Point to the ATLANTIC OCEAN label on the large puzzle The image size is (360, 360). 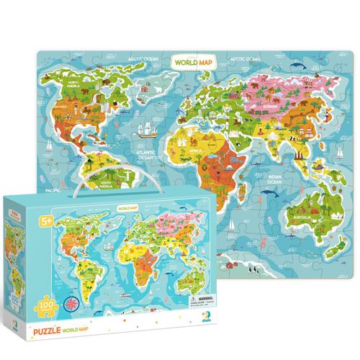[149, 154]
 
